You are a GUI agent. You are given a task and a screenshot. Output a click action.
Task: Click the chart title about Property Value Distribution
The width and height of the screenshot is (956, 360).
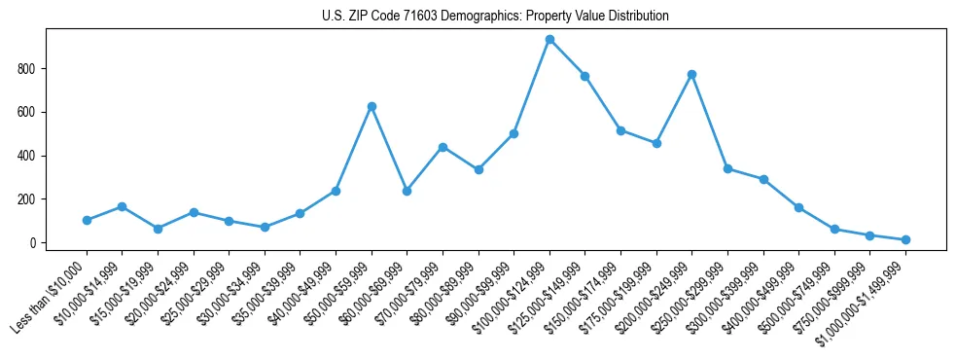point(495,17)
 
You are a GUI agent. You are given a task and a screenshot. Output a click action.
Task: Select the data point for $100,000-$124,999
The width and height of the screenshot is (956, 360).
point(549,40)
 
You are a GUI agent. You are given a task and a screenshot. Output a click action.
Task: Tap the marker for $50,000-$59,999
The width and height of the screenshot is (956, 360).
point(372,106)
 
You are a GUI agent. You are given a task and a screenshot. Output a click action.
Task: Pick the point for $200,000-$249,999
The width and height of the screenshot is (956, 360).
point(691,74)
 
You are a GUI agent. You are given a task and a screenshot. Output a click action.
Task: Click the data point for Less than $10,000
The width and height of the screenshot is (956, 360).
point(87,220)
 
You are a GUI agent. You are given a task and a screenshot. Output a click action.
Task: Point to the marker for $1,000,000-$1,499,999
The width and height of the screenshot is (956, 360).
point(905,239)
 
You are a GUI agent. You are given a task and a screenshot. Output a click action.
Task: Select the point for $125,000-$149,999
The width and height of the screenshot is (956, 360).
point(584,76)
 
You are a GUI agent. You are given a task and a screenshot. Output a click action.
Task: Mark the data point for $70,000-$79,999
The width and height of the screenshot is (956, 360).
point(443,147)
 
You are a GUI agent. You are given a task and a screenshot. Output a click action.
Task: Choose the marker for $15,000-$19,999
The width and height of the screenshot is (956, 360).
point(158,229)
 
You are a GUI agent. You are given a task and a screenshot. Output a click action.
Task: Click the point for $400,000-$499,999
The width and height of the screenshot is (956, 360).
point(798,207)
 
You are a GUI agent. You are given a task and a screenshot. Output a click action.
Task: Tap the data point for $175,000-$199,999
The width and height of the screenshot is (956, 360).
point(656,143)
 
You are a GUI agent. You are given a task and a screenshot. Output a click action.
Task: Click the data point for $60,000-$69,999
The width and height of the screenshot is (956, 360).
point(407,191)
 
